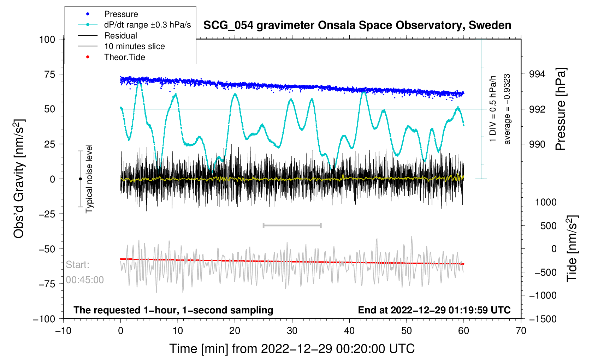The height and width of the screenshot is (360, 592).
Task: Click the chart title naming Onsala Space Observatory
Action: click(357, 25)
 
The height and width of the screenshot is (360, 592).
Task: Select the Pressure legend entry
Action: click(121, 14)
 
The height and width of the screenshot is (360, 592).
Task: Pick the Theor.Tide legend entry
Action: click(124, 57)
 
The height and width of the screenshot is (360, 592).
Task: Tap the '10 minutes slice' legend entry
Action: click(134, 46)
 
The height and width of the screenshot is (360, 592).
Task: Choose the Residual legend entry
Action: click(120, 36)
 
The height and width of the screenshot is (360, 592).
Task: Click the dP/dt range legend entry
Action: click(147, 25)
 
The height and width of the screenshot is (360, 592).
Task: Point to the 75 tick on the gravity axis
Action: click(50, 74)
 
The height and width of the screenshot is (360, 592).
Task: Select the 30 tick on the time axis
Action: click(292, 331)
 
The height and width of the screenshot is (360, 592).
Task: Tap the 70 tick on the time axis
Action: click(521, 331)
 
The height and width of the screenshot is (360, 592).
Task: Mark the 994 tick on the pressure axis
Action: click(537, 74)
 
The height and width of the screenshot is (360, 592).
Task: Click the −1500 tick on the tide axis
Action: click(543, 319)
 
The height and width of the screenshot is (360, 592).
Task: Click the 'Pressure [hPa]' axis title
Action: click(561, 109)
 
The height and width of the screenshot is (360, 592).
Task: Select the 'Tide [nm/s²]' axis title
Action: click(572, 248)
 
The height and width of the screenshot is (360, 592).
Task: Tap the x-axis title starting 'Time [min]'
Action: click(292, 349)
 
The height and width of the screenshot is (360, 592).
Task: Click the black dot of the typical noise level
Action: click(81, 179)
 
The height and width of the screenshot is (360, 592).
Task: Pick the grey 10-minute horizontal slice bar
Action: click(292, 225)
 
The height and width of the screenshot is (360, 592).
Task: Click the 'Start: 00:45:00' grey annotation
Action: click(85, 272)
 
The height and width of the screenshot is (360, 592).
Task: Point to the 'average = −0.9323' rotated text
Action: click(507, 109)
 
